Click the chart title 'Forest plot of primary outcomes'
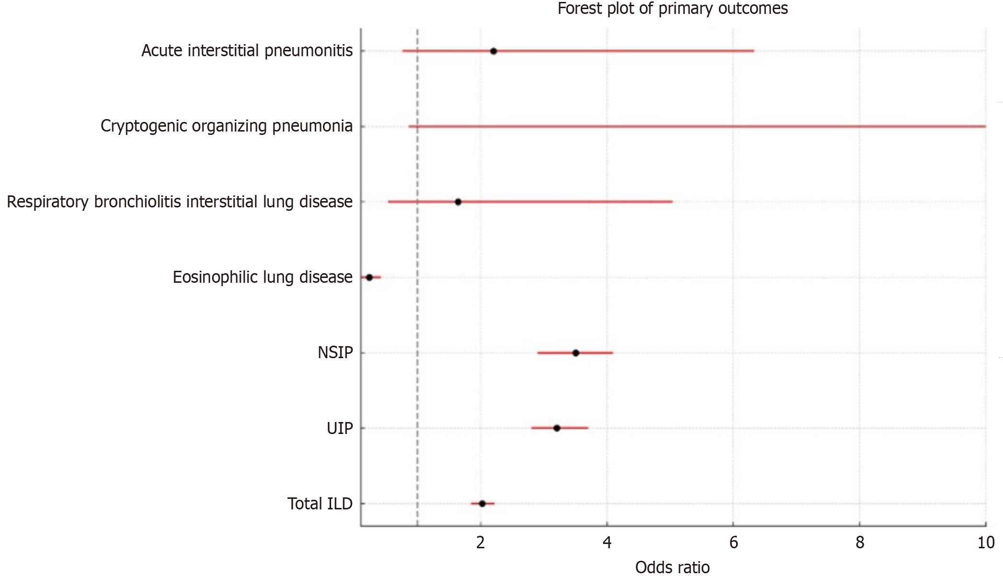point(672,9)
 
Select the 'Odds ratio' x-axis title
point(672,567)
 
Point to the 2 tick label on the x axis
point(480,543)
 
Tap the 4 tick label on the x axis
point(607,543)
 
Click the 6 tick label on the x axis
point(733,543)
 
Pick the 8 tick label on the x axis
point(860,543)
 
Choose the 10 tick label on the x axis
point(986,543)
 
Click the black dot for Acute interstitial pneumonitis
point(493,51)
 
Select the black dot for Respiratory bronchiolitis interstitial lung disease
point(458,202)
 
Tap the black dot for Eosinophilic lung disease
point(369,277)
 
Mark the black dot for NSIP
point(575,353)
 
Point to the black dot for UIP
point(557,428)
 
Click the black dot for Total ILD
point(482,503)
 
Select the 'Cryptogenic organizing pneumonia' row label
point(227,126)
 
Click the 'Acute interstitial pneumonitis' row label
point(247,51)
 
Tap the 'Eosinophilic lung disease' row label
point(263,277)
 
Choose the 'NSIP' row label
point(335,353)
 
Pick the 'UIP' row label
point(339,428)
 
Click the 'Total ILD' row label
point(320,504)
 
